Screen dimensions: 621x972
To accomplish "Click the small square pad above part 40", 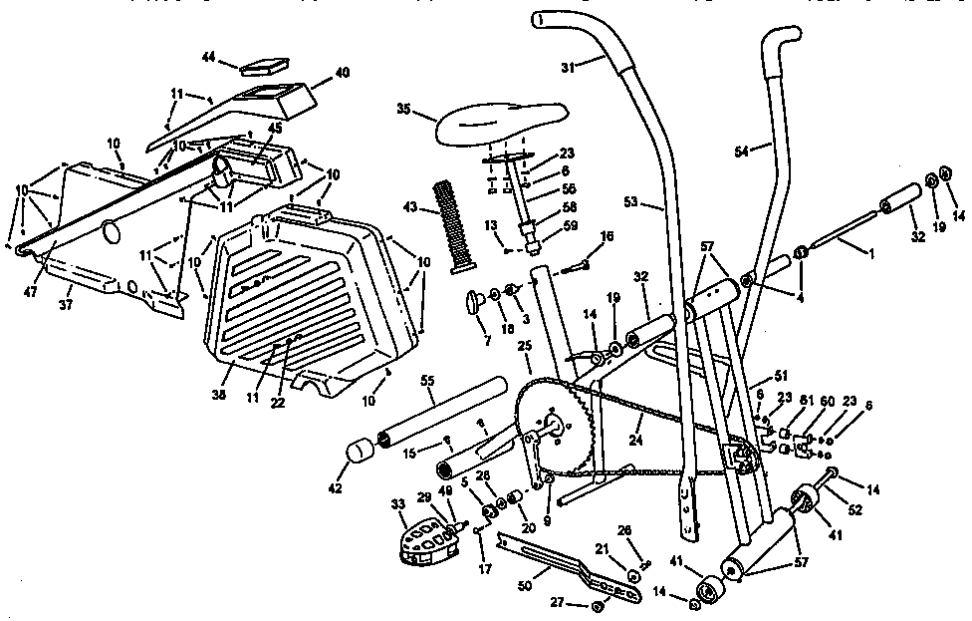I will click(x=262, y=67).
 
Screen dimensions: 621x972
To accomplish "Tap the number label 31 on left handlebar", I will click(x=568, y=68).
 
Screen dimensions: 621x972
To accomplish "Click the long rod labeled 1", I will click(x=847, y=239).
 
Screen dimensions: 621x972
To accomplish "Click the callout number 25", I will click(x=523, y=345).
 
